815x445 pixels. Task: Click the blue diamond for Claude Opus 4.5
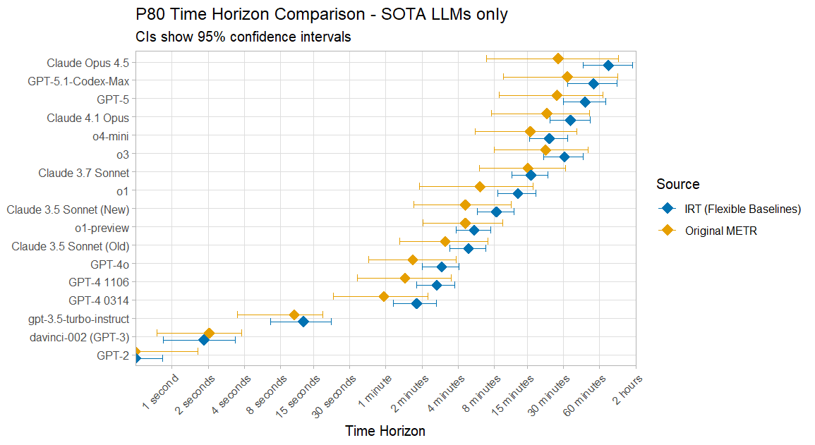(x=608, y=66)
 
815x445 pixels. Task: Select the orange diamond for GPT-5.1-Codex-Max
(x=567, y=76)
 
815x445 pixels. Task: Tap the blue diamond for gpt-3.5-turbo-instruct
(x=303, y=322)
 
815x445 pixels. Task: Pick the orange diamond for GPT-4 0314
(x=384, y=296)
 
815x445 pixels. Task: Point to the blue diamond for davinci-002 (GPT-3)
(x=204, y=340)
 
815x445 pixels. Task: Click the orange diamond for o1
(x=480, y=186)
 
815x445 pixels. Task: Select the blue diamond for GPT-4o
(x=442, y=267)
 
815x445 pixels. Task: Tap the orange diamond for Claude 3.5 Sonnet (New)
(x=465, y=205)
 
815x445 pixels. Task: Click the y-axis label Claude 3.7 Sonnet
(x=83, y=173)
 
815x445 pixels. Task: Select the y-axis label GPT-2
(x=113, y=355)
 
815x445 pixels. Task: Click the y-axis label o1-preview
(x=102, y=228)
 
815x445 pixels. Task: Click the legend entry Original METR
(x=720, y=231)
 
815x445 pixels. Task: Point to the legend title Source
(x=677, y=184)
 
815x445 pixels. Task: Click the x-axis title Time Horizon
(x=385, y=431)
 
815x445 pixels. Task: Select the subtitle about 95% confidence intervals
(x=243, y=37)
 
